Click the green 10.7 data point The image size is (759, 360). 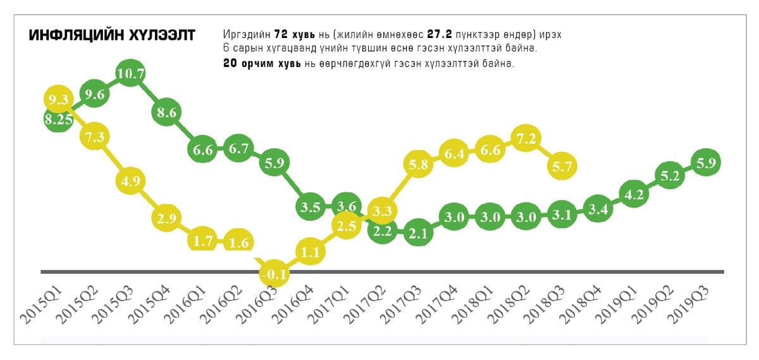pos(131,73)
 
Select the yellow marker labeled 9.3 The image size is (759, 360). pos(58,100)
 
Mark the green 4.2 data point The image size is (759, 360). pos(634,194)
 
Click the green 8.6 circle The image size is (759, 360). pos(167,113)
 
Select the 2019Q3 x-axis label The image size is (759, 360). pos(692,305)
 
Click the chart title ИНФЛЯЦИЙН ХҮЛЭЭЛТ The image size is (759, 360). pos(112,35)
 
